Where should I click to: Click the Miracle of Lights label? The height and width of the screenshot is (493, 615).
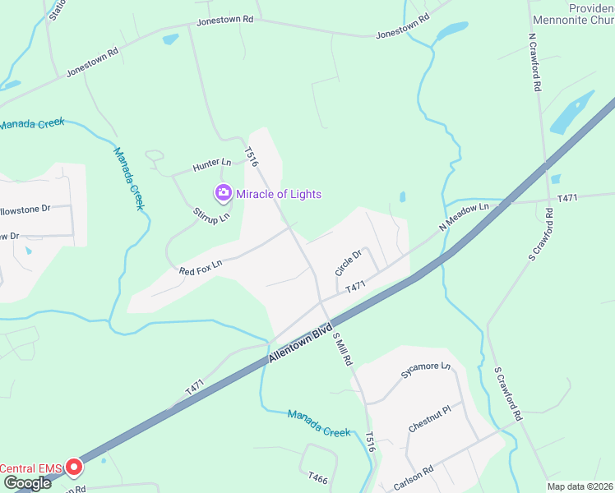click(278, 194)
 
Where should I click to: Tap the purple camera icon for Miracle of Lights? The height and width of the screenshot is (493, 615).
click(222, 193)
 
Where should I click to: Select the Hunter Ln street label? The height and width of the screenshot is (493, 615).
click(212, 165)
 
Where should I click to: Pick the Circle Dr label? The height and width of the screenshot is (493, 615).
click(348, 263)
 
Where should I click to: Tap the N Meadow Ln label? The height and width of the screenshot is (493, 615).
click(464, 217)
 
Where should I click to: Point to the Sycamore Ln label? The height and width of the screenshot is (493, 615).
click(426, 371)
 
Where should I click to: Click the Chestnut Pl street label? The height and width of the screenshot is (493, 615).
click(430, 417)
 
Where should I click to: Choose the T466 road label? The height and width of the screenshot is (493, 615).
click(318, 477)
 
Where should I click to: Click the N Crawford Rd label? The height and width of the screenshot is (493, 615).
click(535, 62)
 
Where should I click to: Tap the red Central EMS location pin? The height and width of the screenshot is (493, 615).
click(74, 468)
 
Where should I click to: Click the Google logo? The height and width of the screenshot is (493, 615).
click(26, 483)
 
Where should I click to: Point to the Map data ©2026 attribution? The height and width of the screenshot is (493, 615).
click(580, 486)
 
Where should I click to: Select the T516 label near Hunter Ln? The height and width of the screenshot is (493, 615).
click(252, 157)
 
